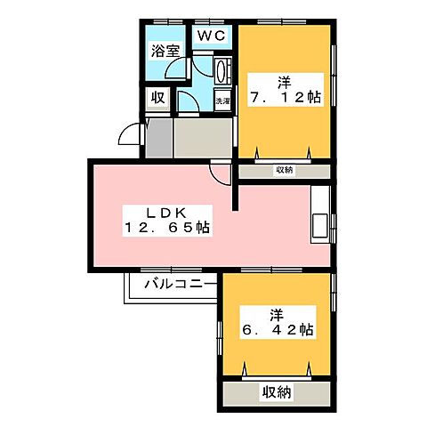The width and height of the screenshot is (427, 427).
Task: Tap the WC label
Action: (x=211, y=36)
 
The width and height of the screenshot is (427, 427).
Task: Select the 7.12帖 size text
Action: (x=286, y=97)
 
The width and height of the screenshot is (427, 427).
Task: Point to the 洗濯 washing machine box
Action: (x=222, y=101)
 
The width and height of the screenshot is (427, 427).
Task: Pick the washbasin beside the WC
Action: (x=223, y=70)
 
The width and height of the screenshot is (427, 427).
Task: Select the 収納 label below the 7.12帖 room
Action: (x=285, y=170)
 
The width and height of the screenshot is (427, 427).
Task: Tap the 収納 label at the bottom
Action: (x=278, y=391)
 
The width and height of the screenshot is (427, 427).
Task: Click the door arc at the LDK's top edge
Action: (x=219, y=170)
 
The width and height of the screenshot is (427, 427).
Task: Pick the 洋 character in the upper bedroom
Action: (x=285, y=81)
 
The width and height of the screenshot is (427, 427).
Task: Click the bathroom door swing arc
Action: (x=179, y=75)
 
